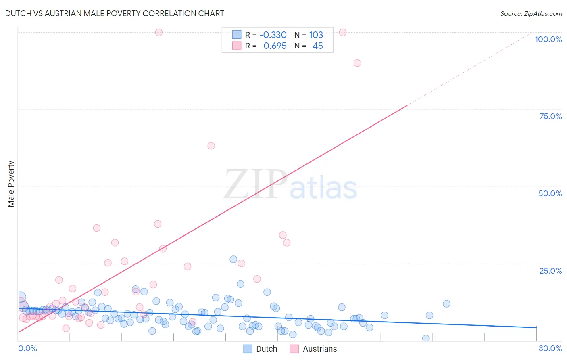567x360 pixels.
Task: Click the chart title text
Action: point(115,13)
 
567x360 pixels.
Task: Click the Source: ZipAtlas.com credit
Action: point(531,13)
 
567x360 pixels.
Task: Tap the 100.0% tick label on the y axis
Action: point(548,39)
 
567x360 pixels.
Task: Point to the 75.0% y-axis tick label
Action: point(550,116)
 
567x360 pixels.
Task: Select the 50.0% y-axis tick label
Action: point(550,193)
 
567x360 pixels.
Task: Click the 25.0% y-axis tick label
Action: point(550,271)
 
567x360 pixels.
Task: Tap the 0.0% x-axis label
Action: point(27,348)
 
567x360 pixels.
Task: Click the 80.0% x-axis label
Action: point(550,348)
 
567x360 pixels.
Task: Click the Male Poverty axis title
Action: point(11,184)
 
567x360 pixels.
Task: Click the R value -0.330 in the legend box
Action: point(273,35)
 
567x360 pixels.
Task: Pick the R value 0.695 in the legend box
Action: point(275,46)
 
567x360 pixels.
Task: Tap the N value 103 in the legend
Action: point(316,35)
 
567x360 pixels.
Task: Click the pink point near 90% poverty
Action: point(357,63)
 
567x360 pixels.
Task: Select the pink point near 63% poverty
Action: point(211,146)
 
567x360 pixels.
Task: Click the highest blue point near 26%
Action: point(233,259)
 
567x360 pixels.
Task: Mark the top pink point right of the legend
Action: point(343,32)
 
